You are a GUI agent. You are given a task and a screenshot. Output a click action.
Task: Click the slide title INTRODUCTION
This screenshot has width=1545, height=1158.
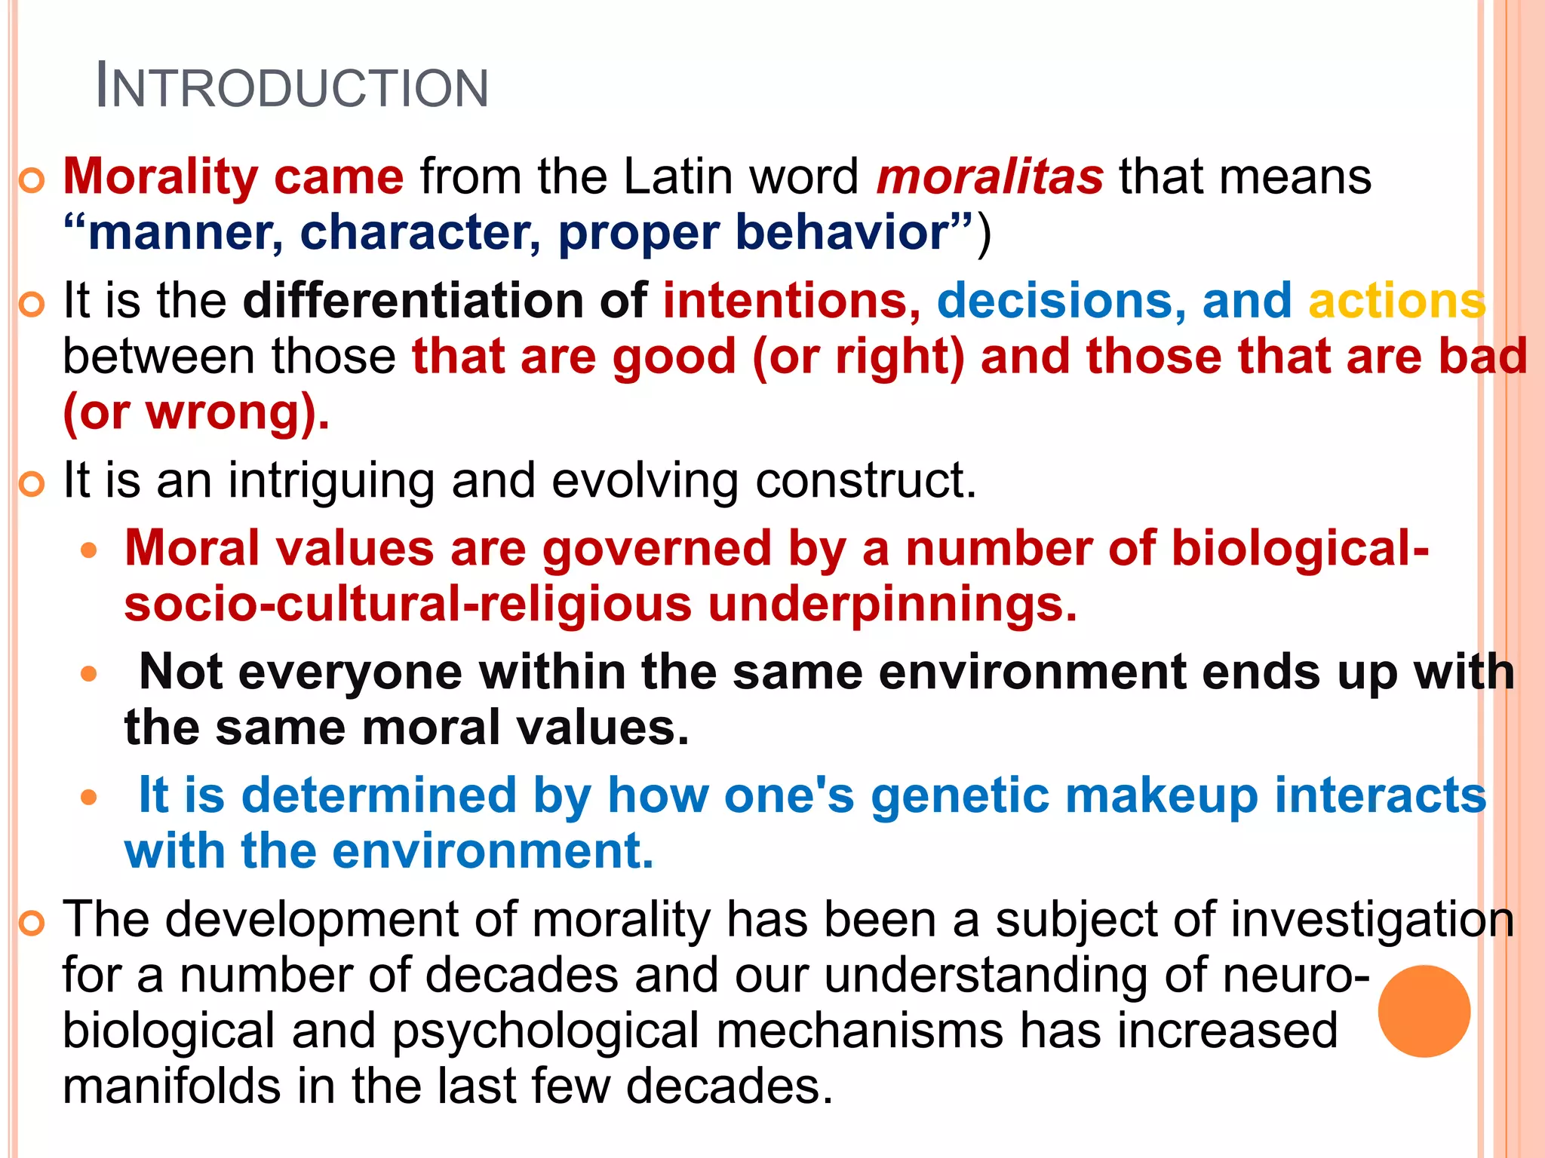coord(293,87)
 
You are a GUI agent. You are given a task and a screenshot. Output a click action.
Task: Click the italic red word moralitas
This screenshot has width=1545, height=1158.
coord(990,178)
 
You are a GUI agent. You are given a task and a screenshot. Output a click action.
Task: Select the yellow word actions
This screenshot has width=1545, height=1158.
coord(1396,301)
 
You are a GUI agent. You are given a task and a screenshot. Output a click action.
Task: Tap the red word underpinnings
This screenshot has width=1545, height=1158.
coord(892,605)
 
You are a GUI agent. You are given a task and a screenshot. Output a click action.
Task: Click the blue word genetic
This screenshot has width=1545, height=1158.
coord(959,796)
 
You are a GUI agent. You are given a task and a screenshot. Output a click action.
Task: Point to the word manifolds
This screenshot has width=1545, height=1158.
coord(171,1086)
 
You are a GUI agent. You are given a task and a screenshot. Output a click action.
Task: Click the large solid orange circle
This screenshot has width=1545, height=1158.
coord(1424,1011)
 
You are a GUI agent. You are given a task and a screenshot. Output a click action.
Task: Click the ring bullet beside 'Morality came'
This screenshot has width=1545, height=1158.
coord(32,181)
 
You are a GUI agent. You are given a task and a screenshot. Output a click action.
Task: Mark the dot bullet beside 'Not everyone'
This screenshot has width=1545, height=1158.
coord(89,673)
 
